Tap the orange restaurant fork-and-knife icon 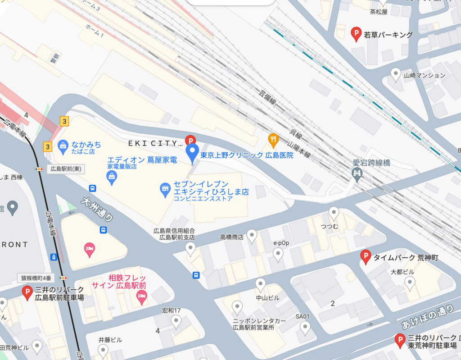click(273, 140)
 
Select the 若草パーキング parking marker click(356, 33)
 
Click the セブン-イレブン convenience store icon click(166, 190)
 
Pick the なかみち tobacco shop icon click(63, 145)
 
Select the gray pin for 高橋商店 click(252, 235)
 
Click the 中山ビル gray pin click(260, 284)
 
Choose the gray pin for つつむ click(334, 212)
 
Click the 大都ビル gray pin click(410, 283)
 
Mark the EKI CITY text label click(153, 143)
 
